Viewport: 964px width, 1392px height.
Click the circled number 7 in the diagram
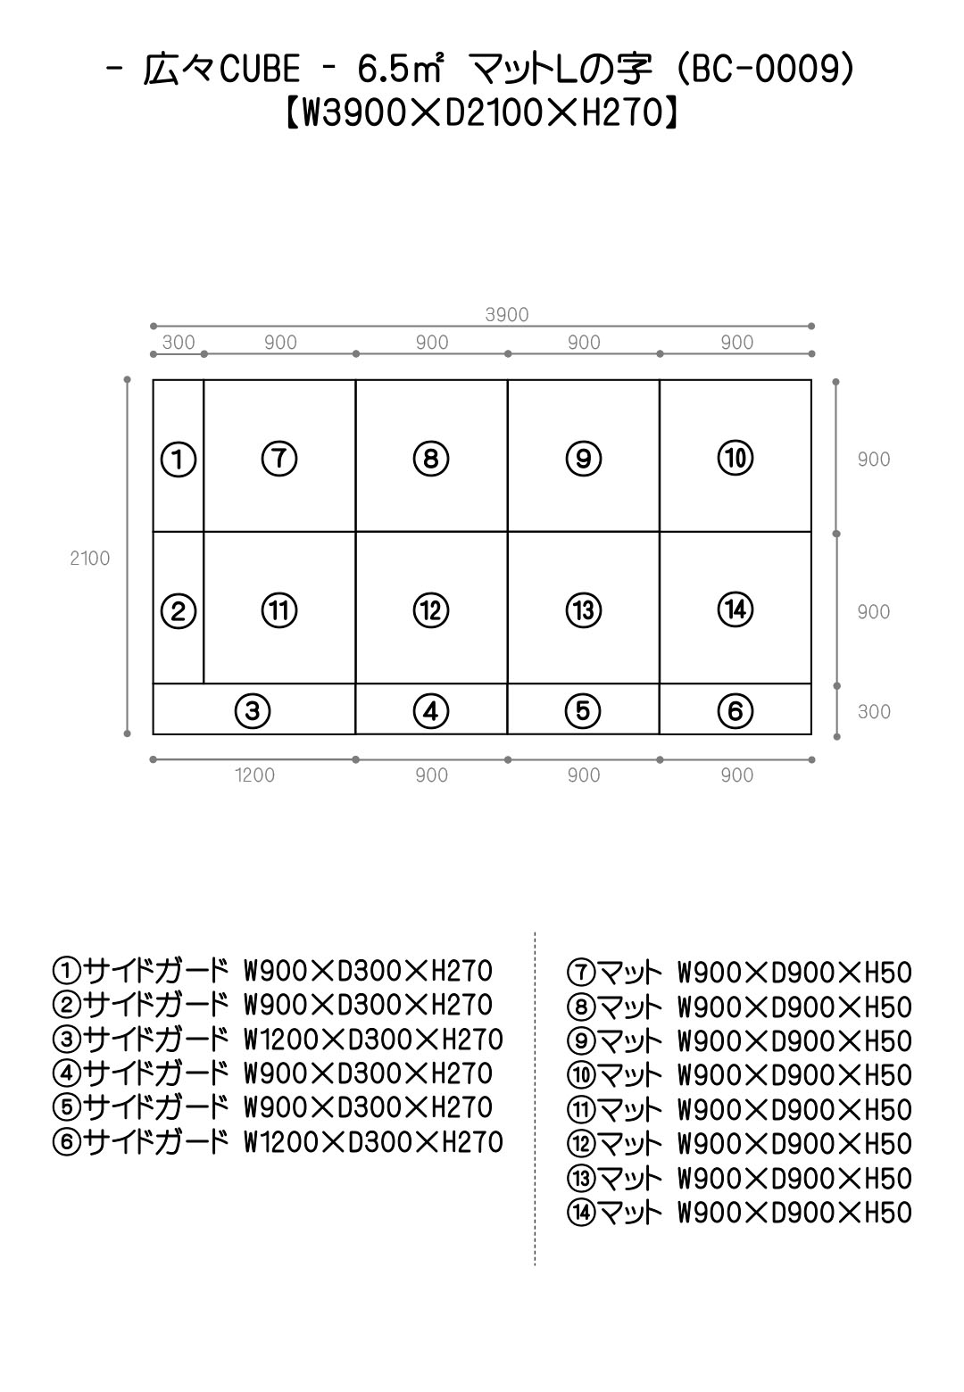point(279,459)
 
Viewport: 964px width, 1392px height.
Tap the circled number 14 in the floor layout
point(735,609)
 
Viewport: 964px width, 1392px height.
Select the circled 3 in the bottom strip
point(253,710)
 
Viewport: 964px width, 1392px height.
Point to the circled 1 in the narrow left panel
point(179,460)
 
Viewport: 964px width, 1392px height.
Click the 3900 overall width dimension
point(507,314)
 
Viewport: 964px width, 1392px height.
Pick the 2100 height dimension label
point(89,558)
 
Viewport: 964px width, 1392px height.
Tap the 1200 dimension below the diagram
point(254,775)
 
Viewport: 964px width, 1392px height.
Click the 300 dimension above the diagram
point(179,342)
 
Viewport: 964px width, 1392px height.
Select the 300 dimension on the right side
point(874,711)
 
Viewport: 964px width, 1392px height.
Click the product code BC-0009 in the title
point(765,69)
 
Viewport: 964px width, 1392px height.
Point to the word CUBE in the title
point(260,69)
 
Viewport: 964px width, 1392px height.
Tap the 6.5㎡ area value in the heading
point(401,69)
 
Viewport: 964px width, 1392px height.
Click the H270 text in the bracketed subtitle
point(624,113)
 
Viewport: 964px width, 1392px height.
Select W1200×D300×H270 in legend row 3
point(373,1040)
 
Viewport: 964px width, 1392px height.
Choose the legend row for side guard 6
point(278,1142)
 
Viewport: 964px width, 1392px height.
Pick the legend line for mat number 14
point(739,1213)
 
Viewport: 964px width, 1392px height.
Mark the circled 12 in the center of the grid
point(431,609)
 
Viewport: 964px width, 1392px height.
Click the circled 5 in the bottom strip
point(583,710)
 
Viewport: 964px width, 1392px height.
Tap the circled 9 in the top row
point(583,459)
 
